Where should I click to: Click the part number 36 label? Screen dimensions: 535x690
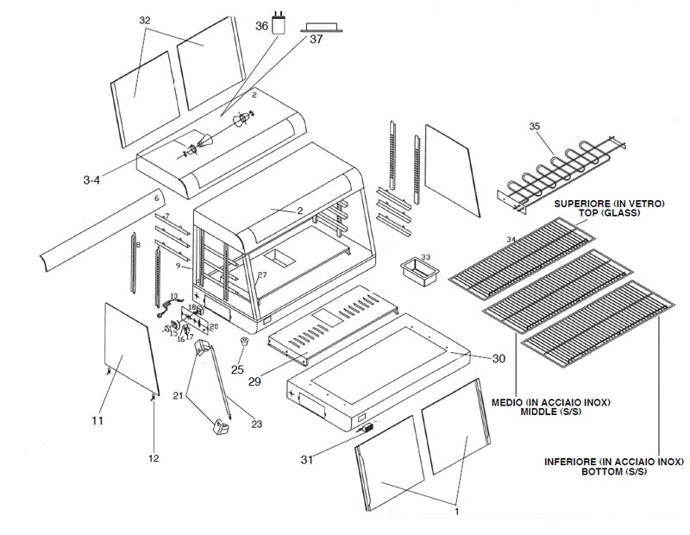[261, 27]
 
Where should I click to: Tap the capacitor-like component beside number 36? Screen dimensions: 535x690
[279, 21]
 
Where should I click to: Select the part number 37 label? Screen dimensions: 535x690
[316, 40]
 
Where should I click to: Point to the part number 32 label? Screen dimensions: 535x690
[144, 20]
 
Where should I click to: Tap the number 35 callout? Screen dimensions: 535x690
[535, 127]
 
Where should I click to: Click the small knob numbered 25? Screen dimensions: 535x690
[244, 344]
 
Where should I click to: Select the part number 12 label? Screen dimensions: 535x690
[154, 458]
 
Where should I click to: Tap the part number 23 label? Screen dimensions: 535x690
[255, 423]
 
